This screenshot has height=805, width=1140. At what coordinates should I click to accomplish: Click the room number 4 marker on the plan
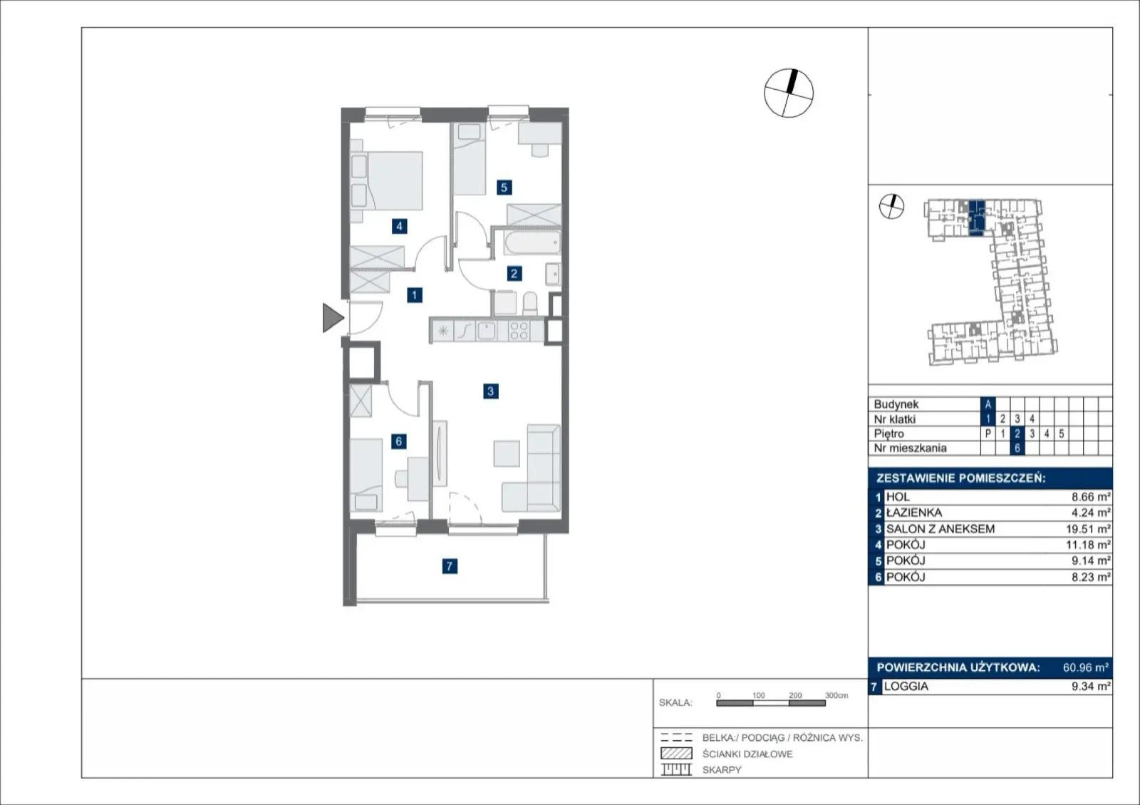pyautogui.click(x=399, y=226)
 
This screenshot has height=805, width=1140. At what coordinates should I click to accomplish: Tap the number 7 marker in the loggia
pyautogui.click(x=450, y=565)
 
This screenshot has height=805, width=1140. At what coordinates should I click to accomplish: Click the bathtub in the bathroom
pyautogui.click(x=532, y=243)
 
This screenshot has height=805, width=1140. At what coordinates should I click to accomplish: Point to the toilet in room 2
pyautogui.click(x=530, y=304)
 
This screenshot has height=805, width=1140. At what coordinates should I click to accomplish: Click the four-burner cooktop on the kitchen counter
pyautogui.click(x=519, y=331)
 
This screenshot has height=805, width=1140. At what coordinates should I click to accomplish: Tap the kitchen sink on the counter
pyautogui.click(x=486, y=331)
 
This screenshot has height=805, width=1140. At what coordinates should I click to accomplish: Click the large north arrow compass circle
pyautogui.click(x=788, y=93)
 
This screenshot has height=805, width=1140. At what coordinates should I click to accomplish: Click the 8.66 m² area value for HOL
pyautogui.click(x=1091, y=497)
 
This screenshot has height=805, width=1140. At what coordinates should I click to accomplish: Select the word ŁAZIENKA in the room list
pyautogui.click(x=914, y=513)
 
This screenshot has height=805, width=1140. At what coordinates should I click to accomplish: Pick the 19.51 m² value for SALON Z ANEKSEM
pyautogui.click(x=1088, y=529)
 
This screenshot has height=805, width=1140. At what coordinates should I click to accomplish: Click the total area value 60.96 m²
pyautogui.click(x=1086, y=667)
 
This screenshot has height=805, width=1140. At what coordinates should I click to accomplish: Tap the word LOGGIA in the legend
pyautogui.click(x=906, y=687)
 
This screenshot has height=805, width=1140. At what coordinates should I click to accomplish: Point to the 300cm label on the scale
pyautogui.click(x=836, y=695)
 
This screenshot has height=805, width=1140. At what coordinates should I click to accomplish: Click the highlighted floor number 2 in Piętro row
pyautogui.click(x=1017, y=434)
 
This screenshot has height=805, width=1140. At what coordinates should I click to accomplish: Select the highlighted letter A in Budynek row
pyautogui.click(x=988, y=404)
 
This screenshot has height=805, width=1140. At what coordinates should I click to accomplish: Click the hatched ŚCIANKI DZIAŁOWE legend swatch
pyautogui.click(x=676, y=753)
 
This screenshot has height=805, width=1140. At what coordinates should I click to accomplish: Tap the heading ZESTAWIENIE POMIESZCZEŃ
pyautogui.click(x=961, y=478)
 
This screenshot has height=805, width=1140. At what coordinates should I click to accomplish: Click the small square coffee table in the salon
pyautogui.click(x=507, y=453)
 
